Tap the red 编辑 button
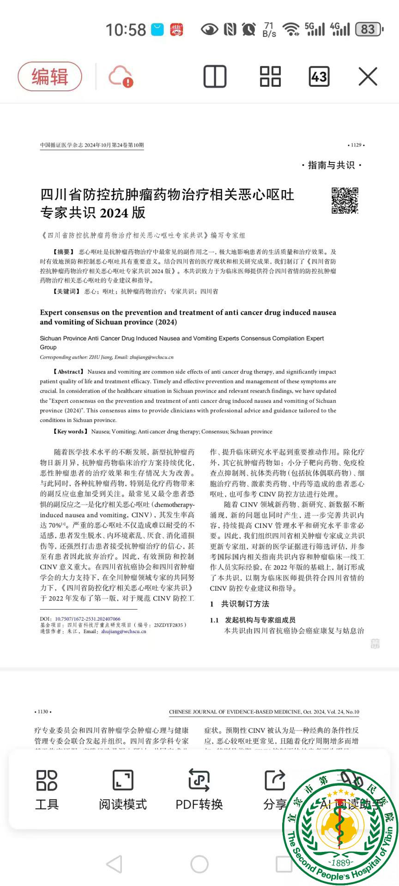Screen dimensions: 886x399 coord(50,77)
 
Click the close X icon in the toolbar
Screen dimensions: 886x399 coord(368,77)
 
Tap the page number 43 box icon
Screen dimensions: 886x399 coord(319,77)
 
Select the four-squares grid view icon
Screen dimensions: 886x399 coord(270,77)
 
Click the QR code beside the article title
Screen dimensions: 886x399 coord(345,201)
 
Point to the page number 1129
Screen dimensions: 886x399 coord(356,145)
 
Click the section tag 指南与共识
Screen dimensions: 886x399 coord(331,165)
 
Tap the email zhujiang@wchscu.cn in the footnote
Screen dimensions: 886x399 coord(124,632)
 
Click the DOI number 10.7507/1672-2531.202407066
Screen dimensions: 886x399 coord(88,619)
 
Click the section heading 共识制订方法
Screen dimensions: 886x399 coord(245,604)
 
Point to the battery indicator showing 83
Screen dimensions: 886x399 coord(369,30)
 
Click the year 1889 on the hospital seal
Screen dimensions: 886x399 coord(341,862)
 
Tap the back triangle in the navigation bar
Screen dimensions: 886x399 coord(115,864)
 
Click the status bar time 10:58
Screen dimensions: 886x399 coord(126,30)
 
